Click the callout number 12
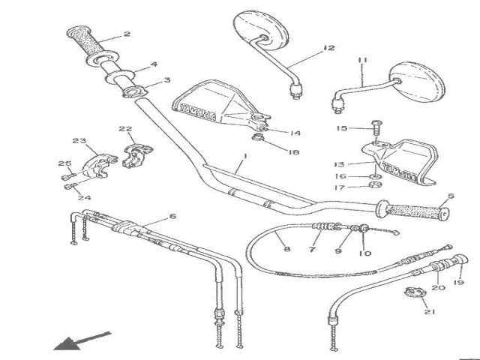tap(328, 48)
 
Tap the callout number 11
tap(362, 60)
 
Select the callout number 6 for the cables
tap(172, 216)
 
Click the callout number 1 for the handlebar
tap(244, 159)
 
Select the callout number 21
tap(427, 312)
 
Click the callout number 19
tap(459, 283)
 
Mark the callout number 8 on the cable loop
tap(285, 240)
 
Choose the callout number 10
tap(365, 253)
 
